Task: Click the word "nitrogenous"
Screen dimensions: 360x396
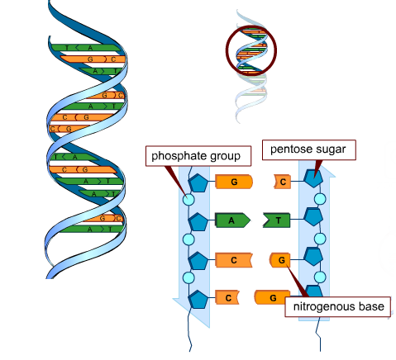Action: pyautogui.click(x=321, y=308)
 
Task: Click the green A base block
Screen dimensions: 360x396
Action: pyautogui.click(x=232, y=220)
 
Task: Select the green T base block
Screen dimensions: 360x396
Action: pyautogui.click(x=279, y=220)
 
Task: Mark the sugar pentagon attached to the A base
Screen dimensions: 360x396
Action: pyautogui.click(x=198, y=220)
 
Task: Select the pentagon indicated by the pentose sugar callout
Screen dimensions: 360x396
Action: pyautogui.click(x=313, y=178)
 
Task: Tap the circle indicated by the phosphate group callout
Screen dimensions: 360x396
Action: pyautogui.click(x=188, y=201)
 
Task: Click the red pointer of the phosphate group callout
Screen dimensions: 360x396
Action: pyautogui.click(x=176, y=178)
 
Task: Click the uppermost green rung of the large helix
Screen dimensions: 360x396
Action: pyautogui.click(x=83, y=49)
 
